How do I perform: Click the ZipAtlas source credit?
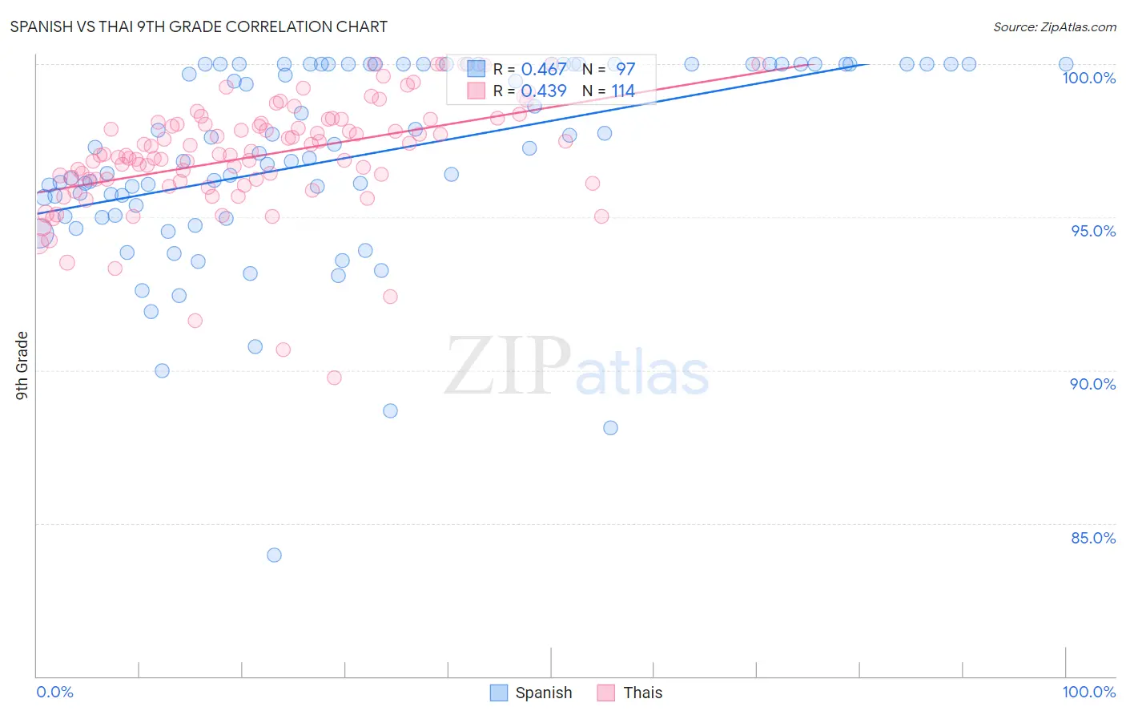coord(1054,26)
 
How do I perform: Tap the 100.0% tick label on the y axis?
coord(1088,78)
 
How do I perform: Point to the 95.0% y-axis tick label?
coord(1093,231)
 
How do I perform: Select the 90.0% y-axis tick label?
coord(1092,384)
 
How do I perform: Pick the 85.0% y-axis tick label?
coord(1093,538)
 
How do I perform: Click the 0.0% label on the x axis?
coord(54,692)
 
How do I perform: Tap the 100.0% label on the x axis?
coord(1088,692)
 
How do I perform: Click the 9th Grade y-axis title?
coord(22,366)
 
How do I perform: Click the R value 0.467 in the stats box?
coord(544,69)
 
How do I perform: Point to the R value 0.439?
coord(544,91)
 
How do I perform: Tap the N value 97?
coord(625,69)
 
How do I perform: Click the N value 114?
coord(623,91)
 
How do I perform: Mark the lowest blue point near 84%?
coord(274,555)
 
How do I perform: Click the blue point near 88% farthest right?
coord(610,428)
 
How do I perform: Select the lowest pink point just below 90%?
coord(334,378)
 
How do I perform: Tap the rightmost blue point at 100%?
coord(1066,64)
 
